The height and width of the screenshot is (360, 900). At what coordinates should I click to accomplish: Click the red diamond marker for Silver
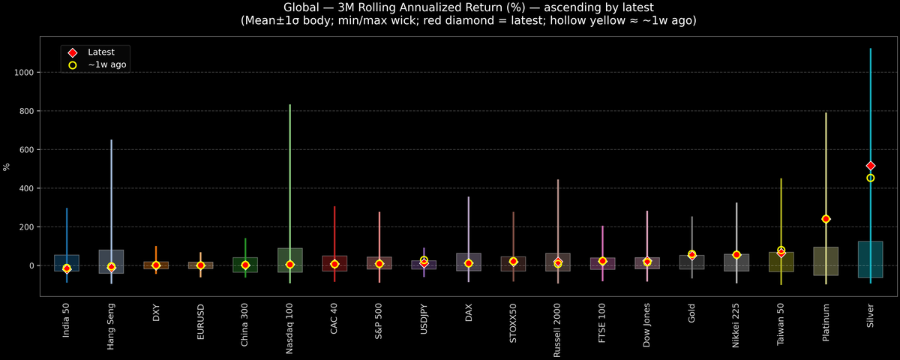tap(871, 166)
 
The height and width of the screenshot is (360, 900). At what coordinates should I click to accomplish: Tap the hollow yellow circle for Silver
tap(871, 178)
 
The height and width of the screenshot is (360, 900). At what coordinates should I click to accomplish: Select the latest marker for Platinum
tap(826, 219)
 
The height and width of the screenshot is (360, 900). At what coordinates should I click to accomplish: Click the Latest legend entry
tap(100, 52)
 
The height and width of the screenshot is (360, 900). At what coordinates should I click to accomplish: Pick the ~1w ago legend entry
tap(106, 65)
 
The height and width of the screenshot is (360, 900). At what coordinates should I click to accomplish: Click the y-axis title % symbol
tap(7, 167)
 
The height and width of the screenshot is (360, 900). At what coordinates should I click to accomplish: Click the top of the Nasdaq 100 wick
tap(290, 105)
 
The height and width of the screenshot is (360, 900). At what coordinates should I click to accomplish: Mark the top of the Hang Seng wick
tap(112, 140)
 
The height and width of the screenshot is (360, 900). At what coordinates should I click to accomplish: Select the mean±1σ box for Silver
tap(871, 259)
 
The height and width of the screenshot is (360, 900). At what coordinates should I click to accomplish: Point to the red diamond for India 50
tap(67, 268)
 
